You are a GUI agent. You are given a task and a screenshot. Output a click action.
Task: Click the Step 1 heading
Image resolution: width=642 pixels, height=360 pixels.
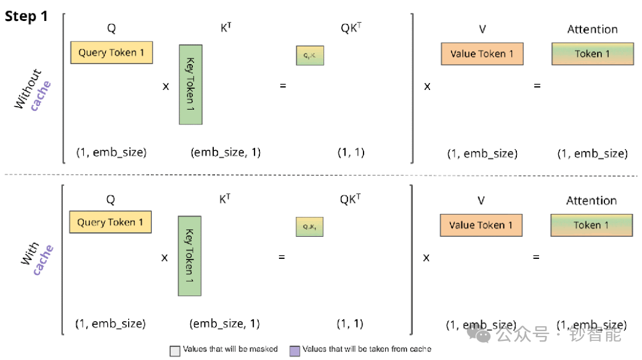tap(26, 17)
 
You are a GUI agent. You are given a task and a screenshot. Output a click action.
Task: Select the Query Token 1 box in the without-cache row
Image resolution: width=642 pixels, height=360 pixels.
tap(112, 53)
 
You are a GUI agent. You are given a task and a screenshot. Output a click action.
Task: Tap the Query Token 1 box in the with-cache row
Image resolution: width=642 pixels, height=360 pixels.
tap(110, 223)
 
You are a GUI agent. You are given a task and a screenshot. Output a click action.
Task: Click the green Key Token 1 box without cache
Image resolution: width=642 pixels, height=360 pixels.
tap(190, 84)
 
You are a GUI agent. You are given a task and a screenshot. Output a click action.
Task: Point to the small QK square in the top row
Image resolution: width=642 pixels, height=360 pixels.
tap(310, 55)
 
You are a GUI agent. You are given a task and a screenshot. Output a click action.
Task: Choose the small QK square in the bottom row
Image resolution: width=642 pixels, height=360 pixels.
tap(309, 227)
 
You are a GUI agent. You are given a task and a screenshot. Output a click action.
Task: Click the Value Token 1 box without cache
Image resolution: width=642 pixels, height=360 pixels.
tap(482, 54)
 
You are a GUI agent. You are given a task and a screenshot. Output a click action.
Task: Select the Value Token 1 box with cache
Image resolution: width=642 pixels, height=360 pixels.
tap(481, 225)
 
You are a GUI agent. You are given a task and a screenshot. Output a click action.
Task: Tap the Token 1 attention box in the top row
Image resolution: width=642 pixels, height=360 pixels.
tap(592, 54)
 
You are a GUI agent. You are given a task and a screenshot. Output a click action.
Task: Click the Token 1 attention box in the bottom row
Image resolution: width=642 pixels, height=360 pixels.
tap(591, 225)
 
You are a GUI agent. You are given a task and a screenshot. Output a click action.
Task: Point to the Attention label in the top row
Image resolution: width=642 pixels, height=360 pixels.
tap(592, 29)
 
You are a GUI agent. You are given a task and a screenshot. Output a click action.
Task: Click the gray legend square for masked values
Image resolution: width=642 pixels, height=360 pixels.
tap(174, 350)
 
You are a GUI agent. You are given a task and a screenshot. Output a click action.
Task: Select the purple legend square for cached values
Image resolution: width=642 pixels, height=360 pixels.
tap(293, 350)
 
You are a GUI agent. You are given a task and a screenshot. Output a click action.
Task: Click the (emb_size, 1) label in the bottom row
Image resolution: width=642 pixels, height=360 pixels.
tap(225, 324)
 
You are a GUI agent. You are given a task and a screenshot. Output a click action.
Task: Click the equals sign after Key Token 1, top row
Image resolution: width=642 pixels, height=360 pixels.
tap(283, 86)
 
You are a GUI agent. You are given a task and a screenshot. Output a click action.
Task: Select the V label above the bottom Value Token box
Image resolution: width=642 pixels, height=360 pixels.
tap(481, 200)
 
